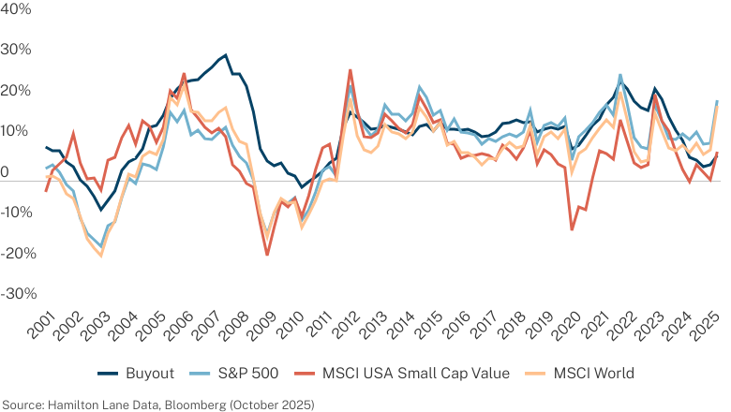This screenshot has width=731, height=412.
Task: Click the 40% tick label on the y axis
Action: click(16, 8)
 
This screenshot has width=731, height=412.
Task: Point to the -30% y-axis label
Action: click(19, 294)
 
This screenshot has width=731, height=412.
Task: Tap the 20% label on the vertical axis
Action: click(16, 90)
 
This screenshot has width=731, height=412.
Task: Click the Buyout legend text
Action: click(150, 374)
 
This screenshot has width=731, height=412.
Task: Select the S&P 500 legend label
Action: click(248, 374)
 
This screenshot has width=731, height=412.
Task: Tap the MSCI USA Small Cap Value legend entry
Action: click(416, 374)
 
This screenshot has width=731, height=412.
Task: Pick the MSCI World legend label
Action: click(594, 374)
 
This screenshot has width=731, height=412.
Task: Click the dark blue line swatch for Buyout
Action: click(108, 374)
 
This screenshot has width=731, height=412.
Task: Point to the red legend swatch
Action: click(305, 374)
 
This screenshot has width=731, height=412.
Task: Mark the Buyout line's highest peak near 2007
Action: click(226, 55)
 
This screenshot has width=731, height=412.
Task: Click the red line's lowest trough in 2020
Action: click(572, 229)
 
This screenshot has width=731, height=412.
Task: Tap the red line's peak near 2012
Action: click(351, 70)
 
